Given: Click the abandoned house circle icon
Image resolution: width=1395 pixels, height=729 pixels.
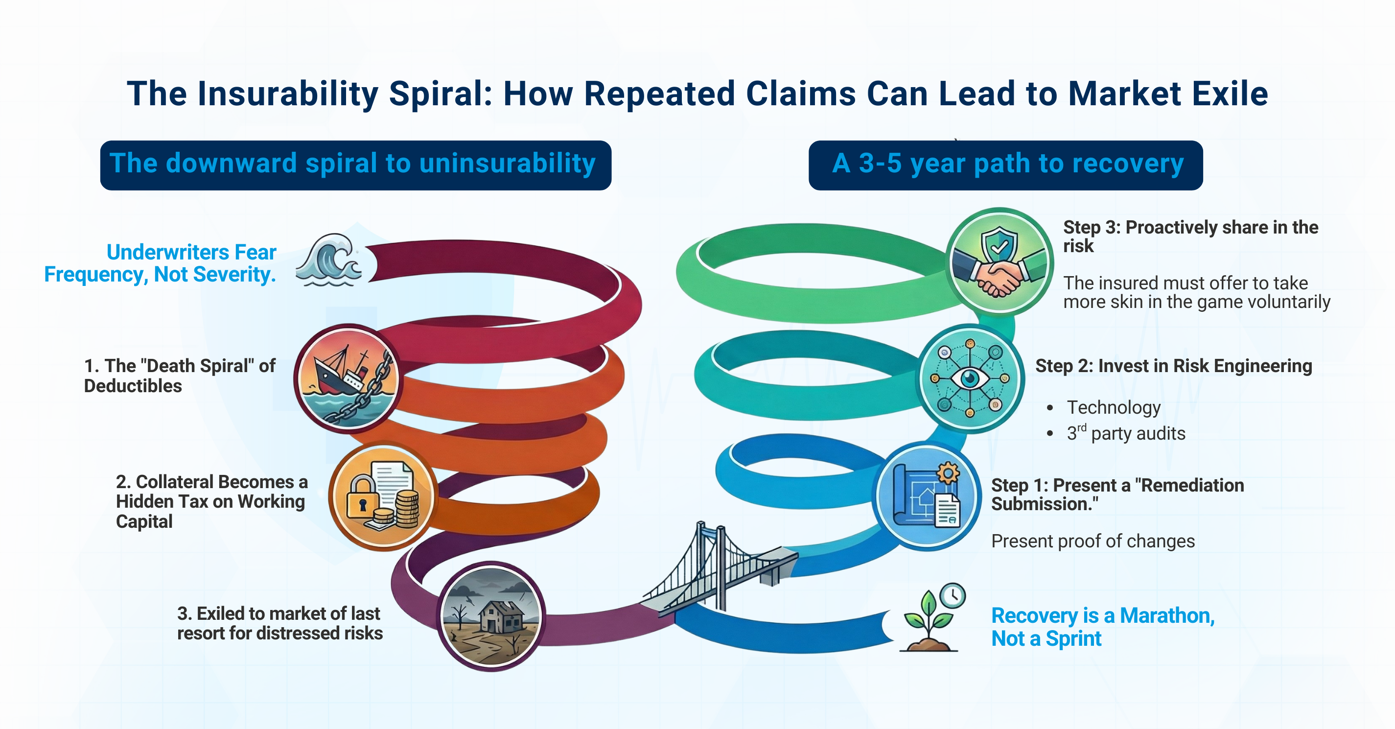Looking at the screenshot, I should click(491, 616).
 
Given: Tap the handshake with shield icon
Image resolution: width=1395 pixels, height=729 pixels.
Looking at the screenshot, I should click(999, 261).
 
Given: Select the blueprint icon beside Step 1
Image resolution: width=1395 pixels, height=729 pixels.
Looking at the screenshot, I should click(927, 495).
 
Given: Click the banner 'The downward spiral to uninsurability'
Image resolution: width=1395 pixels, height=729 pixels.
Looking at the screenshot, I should click(355, 165).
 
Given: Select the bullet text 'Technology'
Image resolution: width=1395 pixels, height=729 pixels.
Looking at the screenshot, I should click(1114, 407).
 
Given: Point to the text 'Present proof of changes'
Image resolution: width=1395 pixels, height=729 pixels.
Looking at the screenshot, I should click(1093, 541).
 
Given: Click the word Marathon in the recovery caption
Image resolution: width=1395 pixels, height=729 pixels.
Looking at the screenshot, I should click(1166, 616).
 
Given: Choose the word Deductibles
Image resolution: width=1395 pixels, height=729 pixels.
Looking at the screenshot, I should click(133, 386).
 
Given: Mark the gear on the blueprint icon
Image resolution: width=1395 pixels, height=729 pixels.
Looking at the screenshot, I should click(948, 473).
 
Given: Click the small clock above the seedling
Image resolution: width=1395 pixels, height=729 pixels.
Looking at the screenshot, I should click(953, 596).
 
